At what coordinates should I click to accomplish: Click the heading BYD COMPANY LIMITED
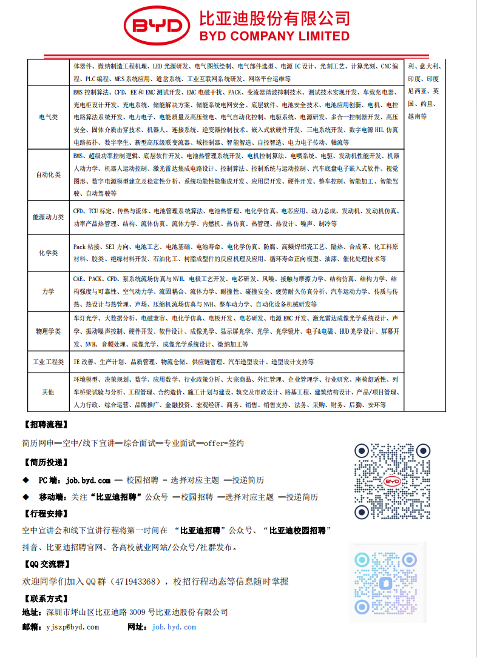274,36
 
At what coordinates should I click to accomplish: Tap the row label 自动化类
49,174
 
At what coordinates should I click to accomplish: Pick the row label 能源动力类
49,217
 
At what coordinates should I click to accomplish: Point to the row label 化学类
49,252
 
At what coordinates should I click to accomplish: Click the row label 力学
49,292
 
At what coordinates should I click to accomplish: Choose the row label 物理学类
49,331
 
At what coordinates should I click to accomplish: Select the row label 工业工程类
49,362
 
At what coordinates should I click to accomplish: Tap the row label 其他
49,393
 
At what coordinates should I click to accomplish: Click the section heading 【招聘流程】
46,424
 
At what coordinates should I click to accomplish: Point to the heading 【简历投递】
46,462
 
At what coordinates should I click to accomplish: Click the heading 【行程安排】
46,513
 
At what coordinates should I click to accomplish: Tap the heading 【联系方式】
46,599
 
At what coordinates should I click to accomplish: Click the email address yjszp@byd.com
72,627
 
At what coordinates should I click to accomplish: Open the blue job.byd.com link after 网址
174,627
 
